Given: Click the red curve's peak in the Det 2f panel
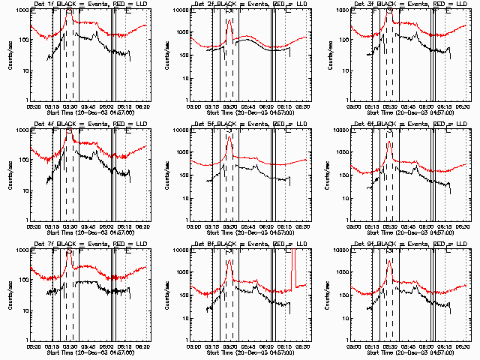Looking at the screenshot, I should click(x=229, y=20).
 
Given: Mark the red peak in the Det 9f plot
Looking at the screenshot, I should click(x=389, y=260).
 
